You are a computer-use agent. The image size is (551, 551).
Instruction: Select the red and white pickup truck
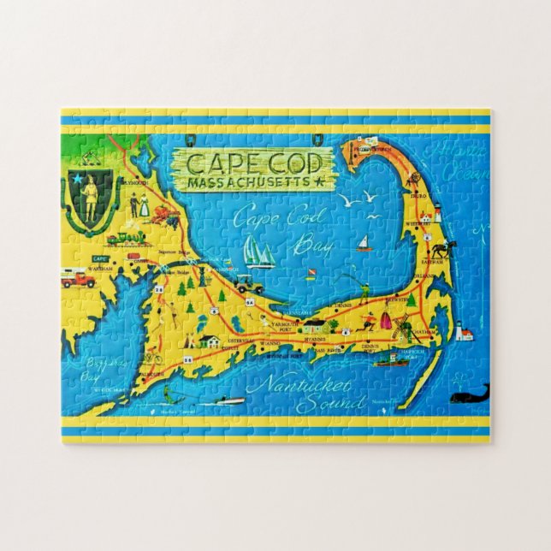(x=78, y=279)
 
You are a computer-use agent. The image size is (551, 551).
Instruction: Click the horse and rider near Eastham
(x=442, y=250)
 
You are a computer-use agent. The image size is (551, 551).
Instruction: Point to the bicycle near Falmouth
(x=152, y=357)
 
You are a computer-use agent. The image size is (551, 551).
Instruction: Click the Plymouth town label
(x=136, y=182)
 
